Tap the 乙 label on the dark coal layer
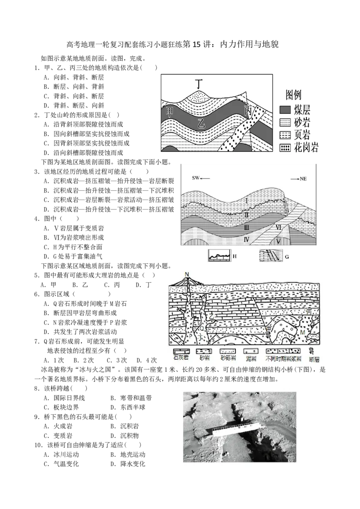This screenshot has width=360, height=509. pyautogui.click(x=202, y=123)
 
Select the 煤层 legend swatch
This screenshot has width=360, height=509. pyautogui.click(x=285, y=109)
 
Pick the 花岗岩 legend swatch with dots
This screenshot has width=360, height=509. pyautogui.click(x=285, y=148)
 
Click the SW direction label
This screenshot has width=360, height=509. pyautogui.click(x=196, y=178)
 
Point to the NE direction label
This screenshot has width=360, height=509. pyautogui.click(x=303, y=179)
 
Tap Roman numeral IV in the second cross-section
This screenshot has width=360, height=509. pyautogui.click(x=246, y=240)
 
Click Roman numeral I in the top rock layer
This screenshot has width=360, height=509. pyautogui.click(x=246, y=201)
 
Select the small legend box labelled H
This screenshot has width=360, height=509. pyautogui.click(x=219, y=256)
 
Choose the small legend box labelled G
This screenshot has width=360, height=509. pyautogui.click(x=271, y=256)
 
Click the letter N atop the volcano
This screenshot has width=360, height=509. pyautogui.click(x=187, y=274)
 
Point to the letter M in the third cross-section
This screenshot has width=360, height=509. pyautogui.click(x=302, y=332)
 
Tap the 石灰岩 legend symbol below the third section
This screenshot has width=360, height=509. pyautogui.click(x=181, y=351)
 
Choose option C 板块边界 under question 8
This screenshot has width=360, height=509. pyautogui.click(x=61, y=407)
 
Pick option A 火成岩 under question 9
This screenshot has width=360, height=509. pyautogui.click(x=58, y=426)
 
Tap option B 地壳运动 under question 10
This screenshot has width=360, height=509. pyautogui.click(x=128, y=455)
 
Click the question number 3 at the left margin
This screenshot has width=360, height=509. pyautogui.click(x=37, y=171)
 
